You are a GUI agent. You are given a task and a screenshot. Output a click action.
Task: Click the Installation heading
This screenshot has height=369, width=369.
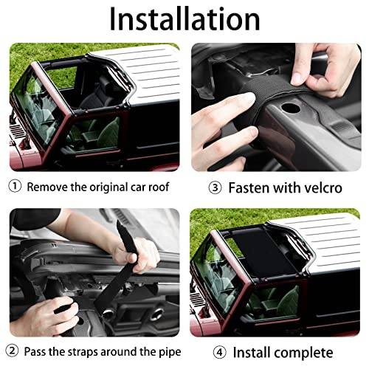click(184, 19)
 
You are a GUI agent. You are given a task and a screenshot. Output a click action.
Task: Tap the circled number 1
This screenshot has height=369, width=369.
click(15, 186)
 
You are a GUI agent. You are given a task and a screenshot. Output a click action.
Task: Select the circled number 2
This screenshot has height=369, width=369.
click(12, 351)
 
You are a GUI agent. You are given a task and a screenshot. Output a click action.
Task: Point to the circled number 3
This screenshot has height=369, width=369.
click(215, 187)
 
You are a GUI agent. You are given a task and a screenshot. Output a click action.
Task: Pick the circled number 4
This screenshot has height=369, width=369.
click(219, 352)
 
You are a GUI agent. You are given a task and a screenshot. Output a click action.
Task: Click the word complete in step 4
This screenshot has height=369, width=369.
click(303, 353)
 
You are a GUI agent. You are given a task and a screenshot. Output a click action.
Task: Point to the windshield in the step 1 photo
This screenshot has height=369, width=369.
click(37, 108)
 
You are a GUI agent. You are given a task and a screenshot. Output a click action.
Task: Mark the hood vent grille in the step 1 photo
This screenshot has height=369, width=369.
click(18, 131)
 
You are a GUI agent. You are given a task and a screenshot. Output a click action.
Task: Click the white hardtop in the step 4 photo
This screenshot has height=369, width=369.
click(320, 244)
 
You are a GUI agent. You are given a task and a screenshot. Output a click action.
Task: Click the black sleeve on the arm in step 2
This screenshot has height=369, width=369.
click(35, 218)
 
